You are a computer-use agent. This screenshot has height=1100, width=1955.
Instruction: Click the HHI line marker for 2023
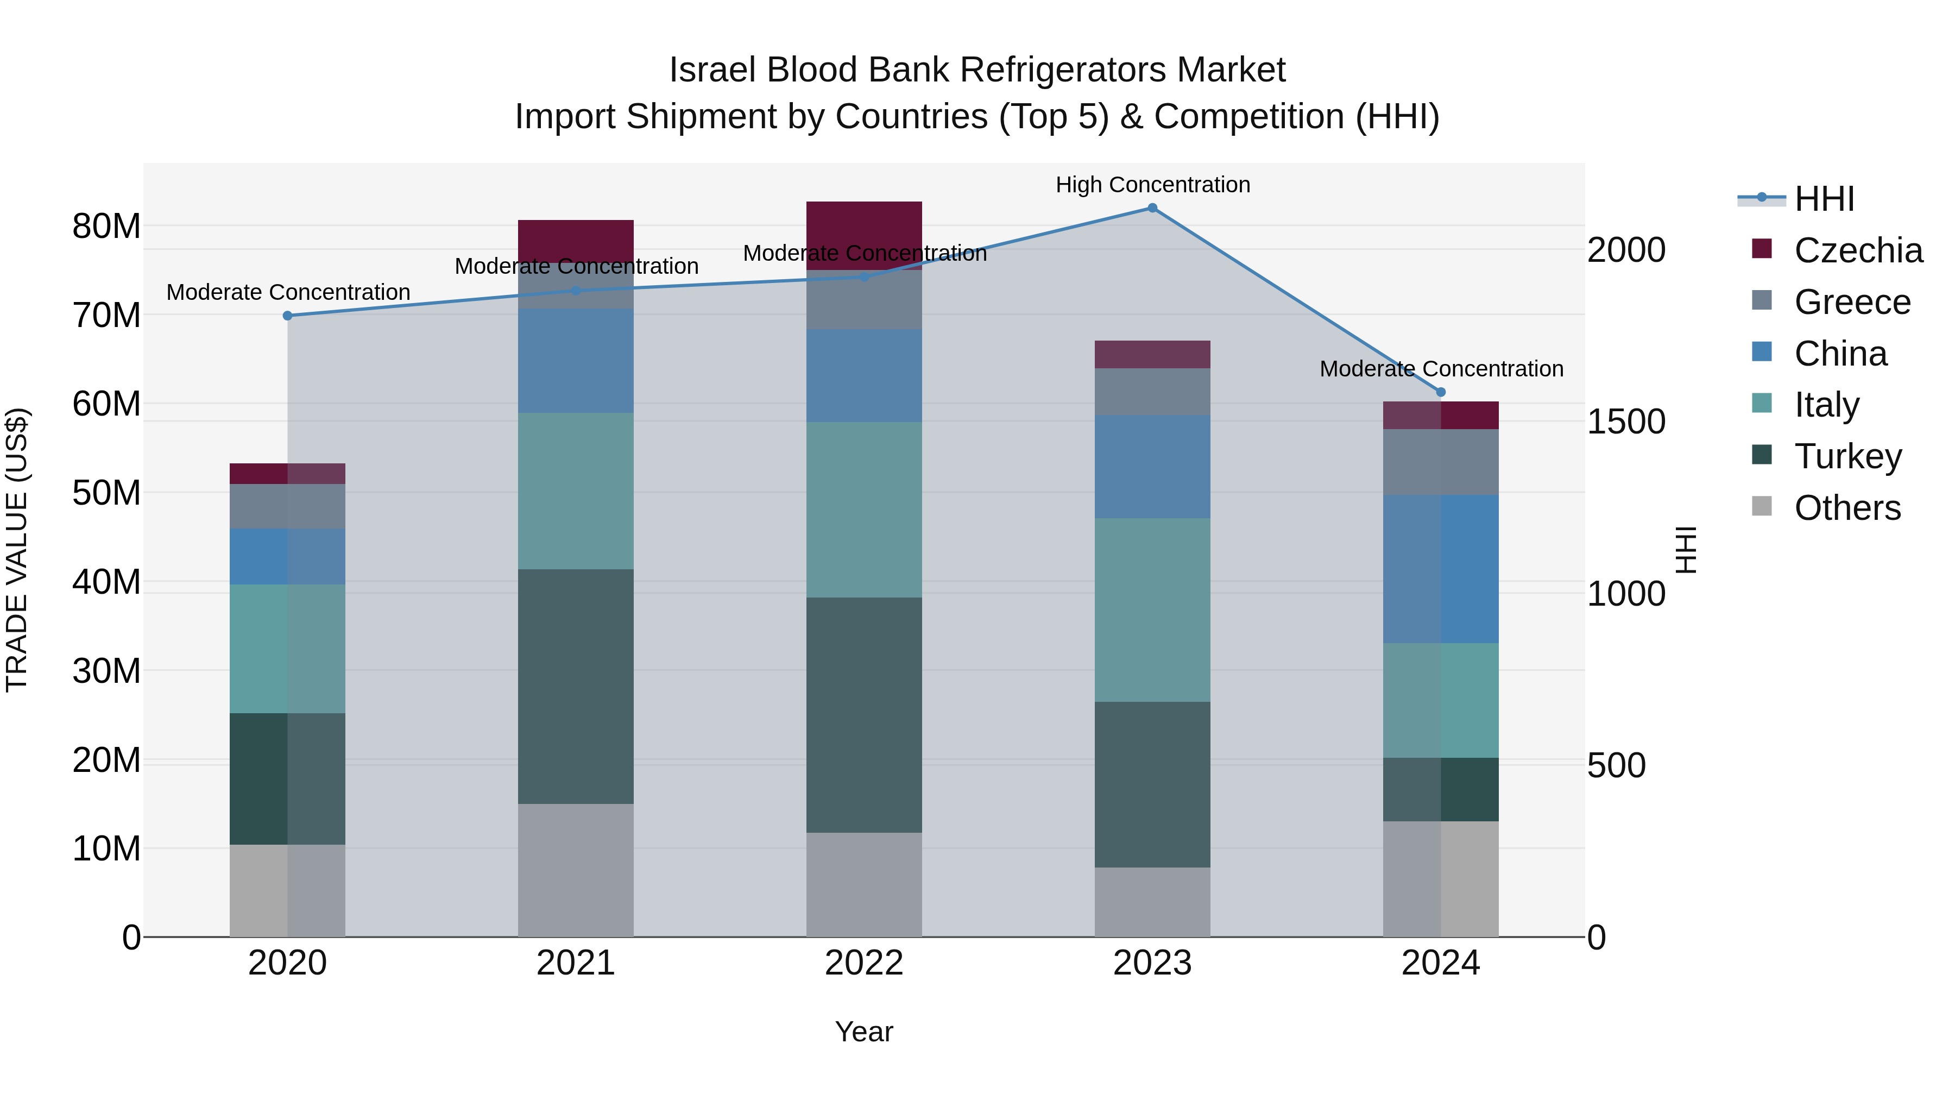pyautogui.click(x=1152, y=208)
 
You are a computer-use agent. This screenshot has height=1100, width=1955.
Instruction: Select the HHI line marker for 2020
pyautogui.click(x=288, y=316)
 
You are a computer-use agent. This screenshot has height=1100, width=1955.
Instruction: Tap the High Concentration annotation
pyautogui.click(x=1152, y=185)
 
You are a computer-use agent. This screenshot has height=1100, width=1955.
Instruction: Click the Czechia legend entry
pyautogui.click(x=1857, y=250)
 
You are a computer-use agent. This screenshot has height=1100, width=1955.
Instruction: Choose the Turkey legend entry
pyautogui.click(x=1847, y=456)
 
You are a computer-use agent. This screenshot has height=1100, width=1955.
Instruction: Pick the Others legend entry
pyautogui.click(x=1846, y=508)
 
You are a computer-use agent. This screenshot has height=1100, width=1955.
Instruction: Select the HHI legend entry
pyautogui.click(x=1824, y=199)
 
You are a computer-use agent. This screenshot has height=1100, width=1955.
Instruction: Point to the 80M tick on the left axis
pyautogui.click(x=106, y=226)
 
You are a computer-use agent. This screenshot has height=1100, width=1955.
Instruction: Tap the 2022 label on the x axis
pyautogui.click(x=863, y=963)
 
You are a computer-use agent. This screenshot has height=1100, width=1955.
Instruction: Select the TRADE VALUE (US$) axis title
pyautogui.click(x=17, y=550)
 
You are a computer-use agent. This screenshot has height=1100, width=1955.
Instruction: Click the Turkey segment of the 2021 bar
pyautogui.click(x=575, y=686)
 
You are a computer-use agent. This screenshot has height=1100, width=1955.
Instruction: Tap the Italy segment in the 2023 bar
pyautogui.click(x=1152, y=609)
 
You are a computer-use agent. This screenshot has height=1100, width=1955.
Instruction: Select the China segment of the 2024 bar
pyautogui.click(x=1440, y=569)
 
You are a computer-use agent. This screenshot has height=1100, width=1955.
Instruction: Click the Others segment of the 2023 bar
pyautogui.click(x=1152, y=902)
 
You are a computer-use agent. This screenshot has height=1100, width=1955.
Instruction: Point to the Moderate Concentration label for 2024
pyautogui.click(x=1440, y=369)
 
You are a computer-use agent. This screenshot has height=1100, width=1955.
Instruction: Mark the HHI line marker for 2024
pyautogui.click(x=1440, y=393)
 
